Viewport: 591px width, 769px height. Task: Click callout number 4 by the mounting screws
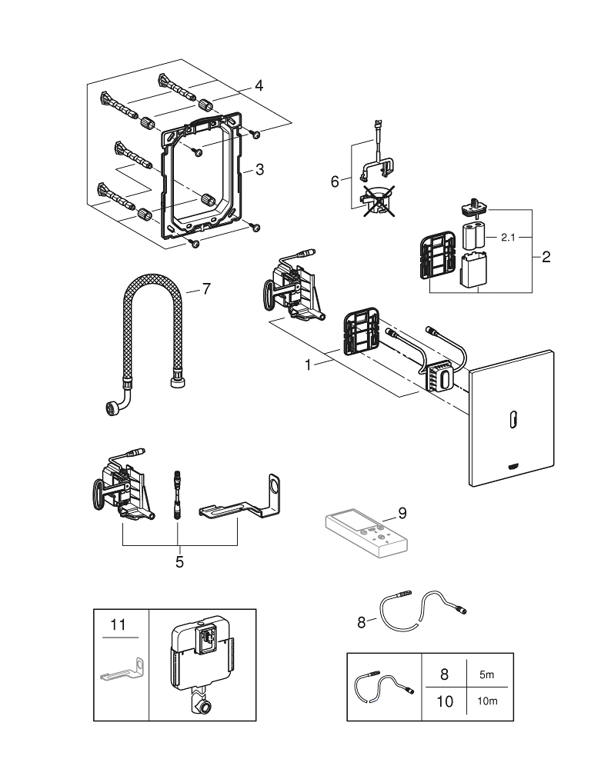tap(259, 87)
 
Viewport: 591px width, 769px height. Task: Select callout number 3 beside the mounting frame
tap(259, 168)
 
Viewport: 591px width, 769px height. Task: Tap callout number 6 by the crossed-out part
tap(334, 181)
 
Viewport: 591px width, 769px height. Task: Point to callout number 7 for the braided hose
tap(205, 288)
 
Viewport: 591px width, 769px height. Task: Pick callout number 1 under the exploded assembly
tap(309, 365)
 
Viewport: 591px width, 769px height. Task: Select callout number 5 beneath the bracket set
tap(179, 561)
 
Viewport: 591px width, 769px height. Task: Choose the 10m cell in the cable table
tap(486, 702)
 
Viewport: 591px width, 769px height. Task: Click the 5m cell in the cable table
tap(486, 674)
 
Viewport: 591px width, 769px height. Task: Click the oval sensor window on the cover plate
tap(512, 419)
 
